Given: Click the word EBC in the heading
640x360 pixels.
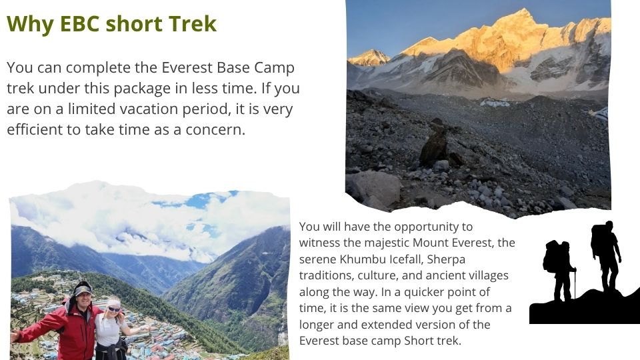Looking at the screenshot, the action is click(x=79, y=24).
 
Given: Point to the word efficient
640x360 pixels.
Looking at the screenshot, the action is click(x=35, y=129).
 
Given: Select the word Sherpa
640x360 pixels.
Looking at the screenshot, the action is click(x=446, y=260).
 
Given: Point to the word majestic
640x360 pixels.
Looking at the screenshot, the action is click(x=387, y=243).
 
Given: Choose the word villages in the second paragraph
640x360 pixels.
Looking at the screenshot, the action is click(x=487, y=276).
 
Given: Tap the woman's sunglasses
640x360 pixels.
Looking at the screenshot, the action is click(x=113, y=309).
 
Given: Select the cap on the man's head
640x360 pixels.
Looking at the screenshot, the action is click(x=83, y=289).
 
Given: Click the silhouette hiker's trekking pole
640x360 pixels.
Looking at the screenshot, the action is click(x=575, y=284).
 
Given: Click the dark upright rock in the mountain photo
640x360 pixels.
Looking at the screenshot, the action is click(x=434, y=144).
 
